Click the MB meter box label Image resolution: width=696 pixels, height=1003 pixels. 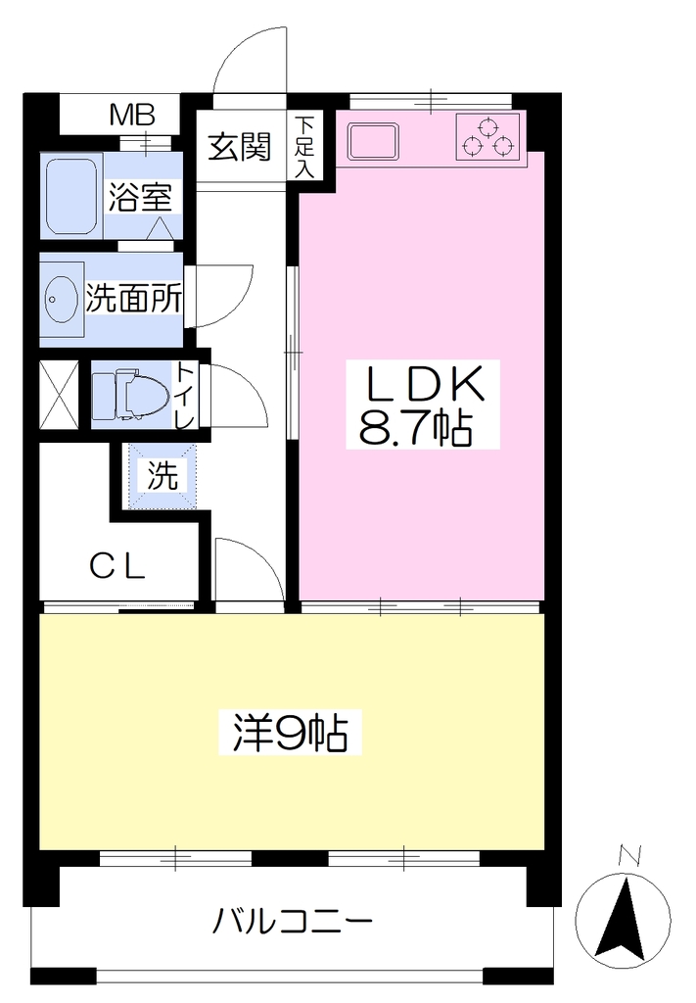132,116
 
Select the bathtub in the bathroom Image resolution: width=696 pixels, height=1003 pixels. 70,196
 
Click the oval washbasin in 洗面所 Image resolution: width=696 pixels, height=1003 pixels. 60,299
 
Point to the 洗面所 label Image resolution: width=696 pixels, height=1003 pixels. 134,298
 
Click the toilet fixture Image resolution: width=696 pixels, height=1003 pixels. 131,395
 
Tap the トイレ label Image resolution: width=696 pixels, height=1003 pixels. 185,395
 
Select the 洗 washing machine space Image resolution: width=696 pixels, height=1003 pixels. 162,476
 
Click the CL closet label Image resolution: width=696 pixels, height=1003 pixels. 118,567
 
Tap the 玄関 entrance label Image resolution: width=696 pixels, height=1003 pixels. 240,147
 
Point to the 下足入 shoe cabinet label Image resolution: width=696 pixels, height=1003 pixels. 304,147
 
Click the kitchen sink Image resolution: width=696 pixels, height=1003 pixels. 373,141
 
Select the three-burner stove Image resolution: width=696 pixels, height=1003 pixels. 488,136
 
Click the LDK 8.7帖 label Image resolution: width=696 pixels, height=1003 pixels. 423,404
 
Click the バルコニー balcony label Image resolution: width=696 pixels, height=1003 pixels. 292,922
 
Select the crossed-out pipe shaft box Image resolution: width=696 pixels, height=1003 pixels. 59,395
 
